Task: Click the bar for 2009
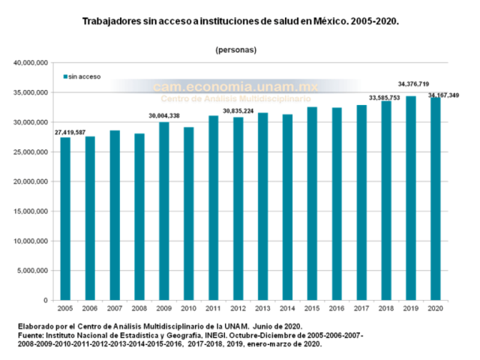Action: (x=164, y=211)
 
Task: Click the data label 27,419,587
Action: (x=70, y=133)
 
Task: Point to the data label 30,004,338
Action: (x=164, y=115)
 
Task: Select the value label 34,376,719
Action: (x=413, y=84)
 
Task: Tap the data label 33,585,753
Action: (x=384, y=97)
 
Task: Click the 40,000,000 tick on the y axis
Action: (x=31, y=63)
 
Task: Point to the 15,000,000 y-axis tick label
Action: (x=31, y=211)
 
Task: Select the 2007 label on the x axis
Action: (x=115, y=308)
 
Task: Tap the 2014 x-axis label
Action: (x=287, y=308)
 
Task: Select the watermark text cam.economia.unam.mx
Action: (x=235, y=87)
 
